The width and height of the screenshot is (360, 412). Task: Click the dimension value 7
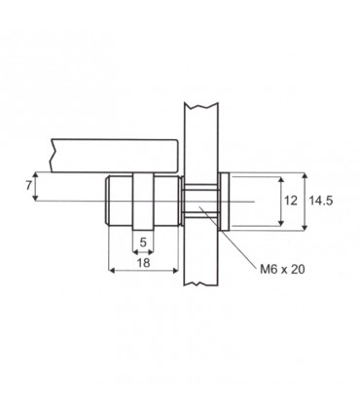point(29,186)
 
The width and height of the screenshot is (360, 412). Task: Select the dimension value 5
point(143,243)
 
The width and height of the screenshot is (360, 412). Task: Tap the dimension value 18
point(143,263)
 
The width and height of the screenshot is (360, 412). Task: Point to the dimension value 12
point(291,201)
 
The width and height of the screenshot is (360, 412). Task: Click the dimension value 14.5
point(320,201)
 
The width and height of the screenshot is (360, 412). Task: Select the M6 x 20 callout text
point(282,269)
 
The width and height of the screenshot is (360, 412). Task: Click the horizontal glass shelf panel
point(114,156)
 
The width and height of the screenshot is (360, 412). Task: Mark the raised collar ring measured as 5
point(143,202)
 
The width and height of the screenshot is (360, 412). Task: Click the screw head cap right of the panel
point(225,202)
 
